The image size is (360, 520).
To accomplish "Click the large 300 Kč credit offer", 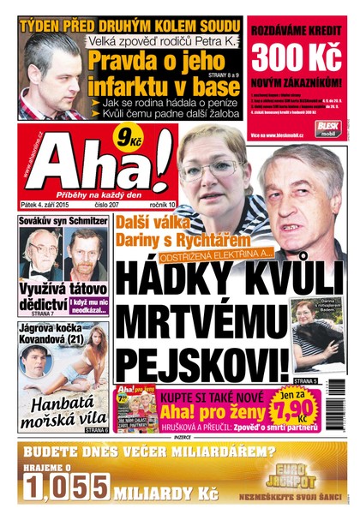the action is coord(297,61).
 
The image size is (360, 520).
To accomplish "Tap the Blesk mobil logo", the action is coord(329,127).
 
